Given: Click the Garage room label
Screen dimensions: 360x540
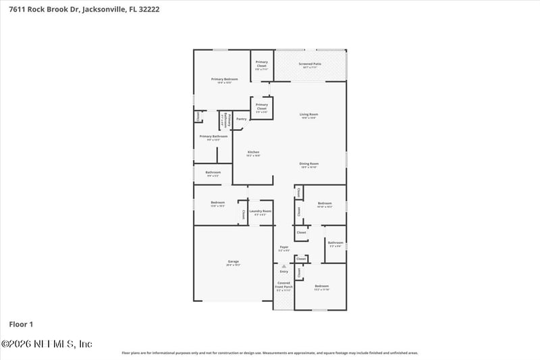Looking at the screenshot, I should [233, 262].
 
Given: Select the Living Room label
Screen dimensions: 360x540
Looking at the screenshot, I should [309, 115].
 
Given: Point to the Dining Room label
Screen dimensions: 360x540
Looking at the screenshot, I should [309, 164].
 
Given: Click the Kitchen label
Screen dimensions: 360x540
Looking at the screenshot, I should [253, 153].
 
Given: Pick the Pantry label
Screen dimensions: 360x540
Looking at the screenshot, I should [241, 119].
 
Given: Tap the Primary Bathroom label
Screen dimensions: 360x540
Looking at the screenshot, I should [213, 137].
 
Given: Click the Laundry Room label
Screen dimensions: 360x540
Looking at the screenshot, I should [260, 212].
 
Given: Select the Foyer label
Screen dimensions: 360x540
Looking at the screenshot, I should [284, 248].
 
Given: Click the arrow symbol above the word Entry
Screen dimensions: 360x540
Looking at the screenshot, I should [284, 266].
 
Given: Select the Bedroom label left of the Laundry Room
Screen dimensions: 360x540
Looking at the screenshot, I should [217, 203].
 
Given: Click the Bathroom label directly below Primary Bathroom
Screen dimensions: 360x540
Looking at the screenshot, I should [213, 174].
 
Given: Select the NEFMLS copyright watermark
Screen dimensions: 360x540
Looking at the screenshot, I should [47, 344].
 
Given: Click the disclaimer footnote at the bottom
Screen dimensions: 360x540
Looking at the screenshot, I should [269, 353].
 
